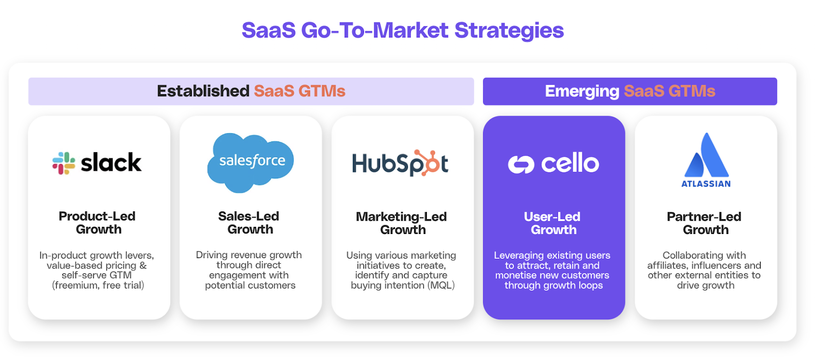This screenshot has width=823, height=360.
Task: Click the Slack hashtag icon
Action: coord(64,163)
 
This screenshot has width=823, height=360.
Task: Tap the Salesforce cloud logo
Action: coord(251,163)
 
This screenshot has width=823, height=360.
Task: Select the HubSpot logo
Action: coord(400,163)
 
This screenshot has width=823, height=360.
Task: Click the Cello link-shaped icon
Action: coord(521,164)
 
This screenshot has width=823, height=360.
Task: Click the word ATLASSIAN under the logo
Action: coord(706,184)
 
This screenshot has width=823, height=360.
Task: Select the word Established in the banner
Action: coord(203,91)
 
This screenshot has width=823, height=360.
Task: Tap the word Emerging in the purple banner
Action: coord(582,92)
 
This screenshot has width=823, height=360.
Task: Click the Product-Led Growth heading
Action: coord(97,223)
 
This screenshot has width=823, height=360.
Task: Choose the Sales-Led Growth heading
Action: coord(249,223)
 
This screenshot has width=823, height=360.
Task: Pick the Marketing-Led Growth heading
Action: coord(402,223)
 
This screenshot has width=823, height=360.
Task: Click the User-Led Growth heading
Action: coord(552,223)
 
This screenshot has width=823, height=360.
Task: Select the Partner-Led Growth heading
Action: coord(704,223)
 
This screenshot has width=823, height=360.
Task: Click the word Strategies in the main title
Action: coord(509,30)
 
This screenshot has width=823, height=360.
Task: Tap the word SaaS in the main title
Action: coord(269,30)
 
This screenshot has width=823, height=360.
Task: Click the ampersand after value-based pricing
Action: coord(143,265)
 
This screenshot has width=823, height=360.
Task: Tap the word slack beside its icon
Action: coord(111,163)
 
